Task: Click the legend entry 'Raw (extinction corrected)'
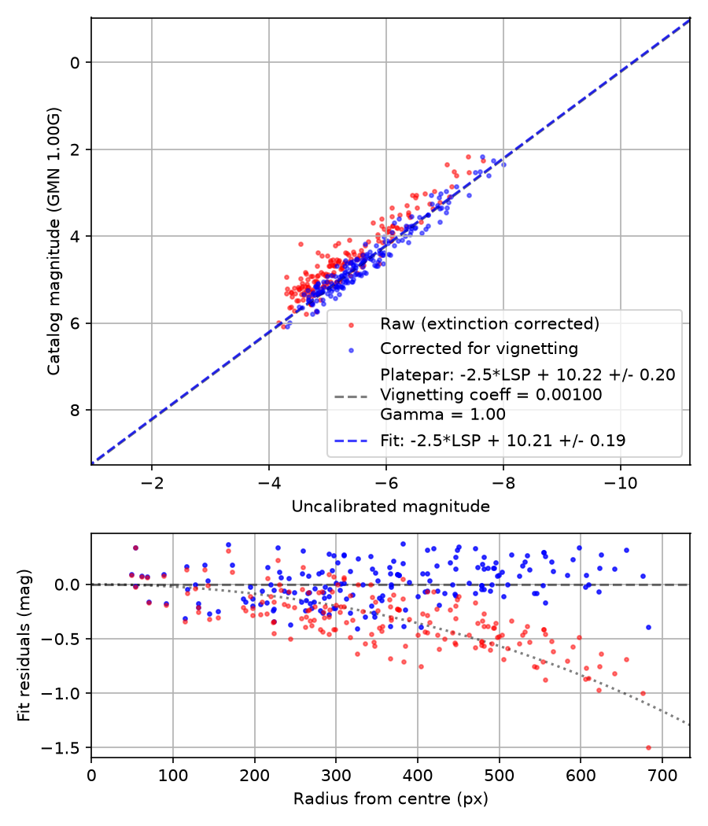[489, 323]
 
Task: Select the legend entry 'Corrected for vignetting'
[479, 348]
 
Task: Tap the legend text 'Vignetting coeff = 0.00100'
[491, 395]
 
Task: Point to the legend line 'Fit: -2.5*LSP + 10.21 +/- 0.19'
[503, 441]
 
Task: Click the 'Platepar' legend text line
[527, 374]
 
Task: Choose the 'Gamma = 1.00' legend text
[442, 414]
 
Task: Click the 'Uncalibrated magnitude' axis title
[390, 507]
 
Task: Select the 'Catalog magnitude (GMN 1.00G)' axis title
[53, 242]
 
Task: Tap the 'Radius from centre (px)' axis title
[390, 799]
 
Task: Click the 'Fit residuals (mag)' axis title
[24, 645]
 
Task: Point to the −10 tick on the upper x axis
[620, 483]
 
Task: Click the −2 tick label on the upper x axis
[152, 483]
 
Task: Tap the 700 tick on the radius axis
[662, 776]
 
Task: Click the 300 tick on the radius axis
[336, 776]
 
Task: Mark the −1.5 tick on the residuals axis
[61, 747]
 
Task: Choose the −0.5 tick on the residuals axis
[61, 639]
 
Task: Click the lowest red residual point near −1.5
[648, 747]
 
